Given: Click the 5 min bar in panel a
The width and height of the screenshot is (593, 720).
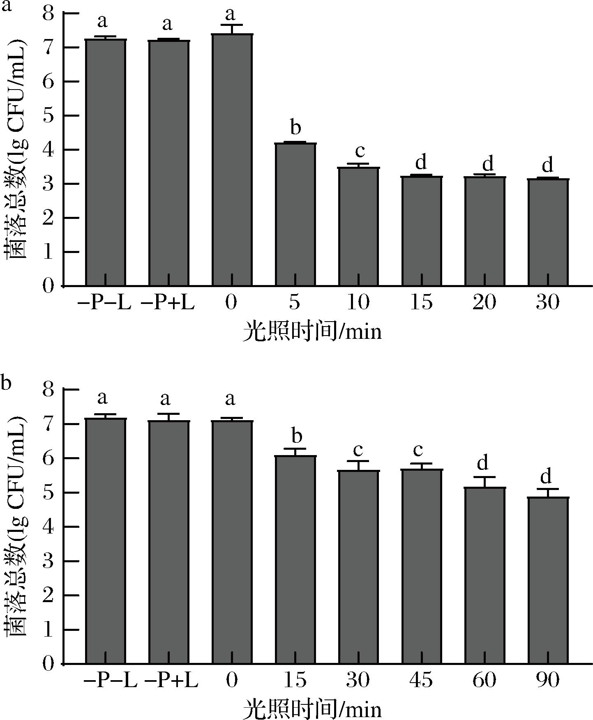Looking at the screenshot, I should tap(295, 214).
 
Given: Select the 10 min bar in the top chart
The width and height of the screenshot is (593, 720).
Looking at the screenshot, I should tap(359, 226).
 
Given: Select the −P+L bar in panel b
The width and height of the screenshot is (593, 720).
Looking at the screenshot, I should tap(169, 542).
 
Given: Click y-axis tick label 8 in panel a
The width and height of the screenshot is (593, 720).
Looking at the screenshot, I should tap(48, 14).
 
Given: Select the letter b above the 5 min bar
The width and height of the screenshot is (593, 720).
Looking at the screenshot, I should tap(295, 127).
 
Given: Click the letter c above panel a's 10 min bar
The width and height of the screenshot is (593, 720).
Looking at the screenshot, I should tap(359, 151).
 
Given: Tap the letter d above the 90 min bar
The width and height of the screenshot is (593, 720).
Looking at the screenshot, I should tap(546, 477).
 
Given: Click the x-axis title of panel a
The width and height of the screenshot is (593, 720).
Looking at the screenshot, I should tap(312, 331).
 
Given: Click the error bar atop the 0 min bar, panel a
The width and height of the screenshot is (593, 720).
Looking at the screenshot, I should tap(232, 29).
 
